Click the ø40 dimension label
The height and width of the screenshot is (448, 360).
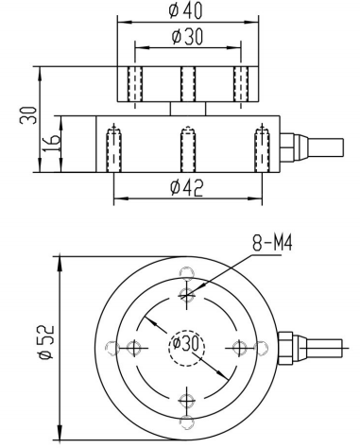point(185,10)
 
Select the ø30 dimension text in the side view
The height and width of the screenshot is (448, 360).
point(187,36)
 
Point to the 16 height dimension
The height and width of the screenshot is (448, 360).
point(51,144)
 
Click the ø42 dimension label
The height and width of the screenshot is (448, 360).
point(186,188)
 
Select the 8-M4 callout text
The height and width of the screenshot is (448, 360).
point(272,244)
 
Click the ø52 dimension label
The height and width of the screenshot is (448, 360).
point(46,342)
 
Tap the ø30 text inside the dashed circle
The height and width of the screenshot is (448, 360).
point(186,343)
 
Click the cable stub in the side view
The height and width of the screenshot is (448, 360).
point(325,147)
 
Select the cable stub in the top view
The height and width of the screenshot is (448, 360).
point(324,348)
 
